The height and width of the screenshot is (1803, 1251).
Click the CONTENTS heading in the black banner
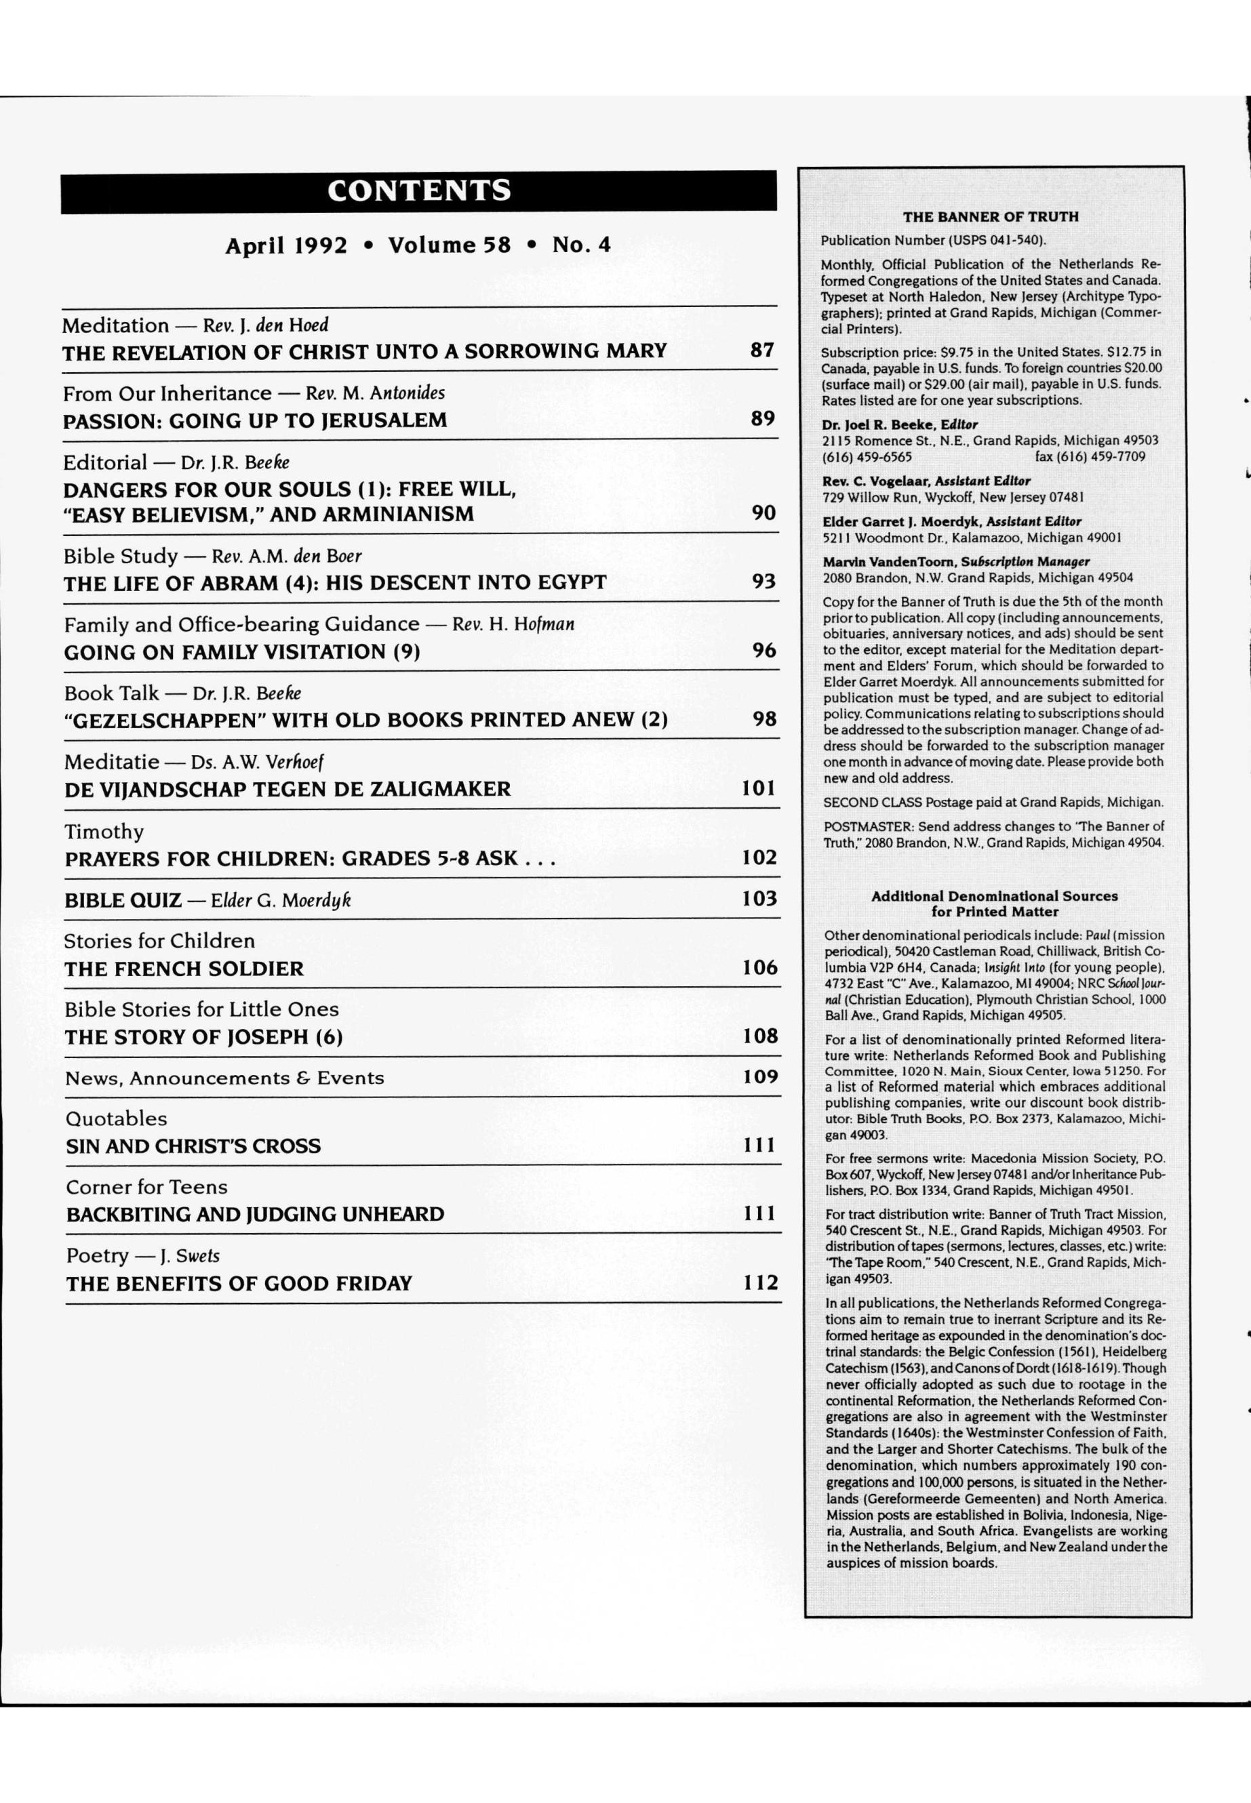click(x=418, y=190)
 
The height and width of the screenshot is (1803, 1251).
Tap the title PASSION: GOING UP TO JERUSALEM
click(x=255, y=420)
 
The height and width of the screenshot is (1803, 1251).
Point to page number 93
click(x=763, y=582)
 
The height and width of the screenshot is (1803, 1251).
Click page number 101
click(x=759, y=788)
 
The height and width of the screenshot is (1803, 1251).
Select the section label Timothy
click(x=104, y=832)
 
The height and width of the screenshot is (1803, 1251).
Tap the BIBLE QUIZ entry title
click(x=123, y=900)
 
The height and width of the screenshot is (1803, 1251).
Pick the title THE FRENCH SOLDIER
click(x=184, y=969)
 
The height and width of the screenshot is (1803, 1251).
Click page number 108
click(x=760, y=1036)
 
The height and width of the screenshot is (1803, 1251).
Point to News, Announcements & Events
click(x=225, y=1078)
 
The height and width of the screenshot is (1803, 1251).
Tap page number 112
click(x=760, y=1282)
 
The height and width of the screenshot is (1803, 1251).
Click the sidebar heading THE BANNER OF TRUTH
click(x=991, y=217)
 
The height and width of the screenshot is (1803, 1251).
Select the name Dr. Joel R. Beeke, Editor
click(x=900, y=425)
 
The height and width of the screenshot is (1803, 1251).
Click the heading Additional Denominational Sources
click(x=995, y=895)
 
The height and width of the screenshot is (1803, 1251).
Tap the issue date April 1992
click(x=286, y=246)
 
